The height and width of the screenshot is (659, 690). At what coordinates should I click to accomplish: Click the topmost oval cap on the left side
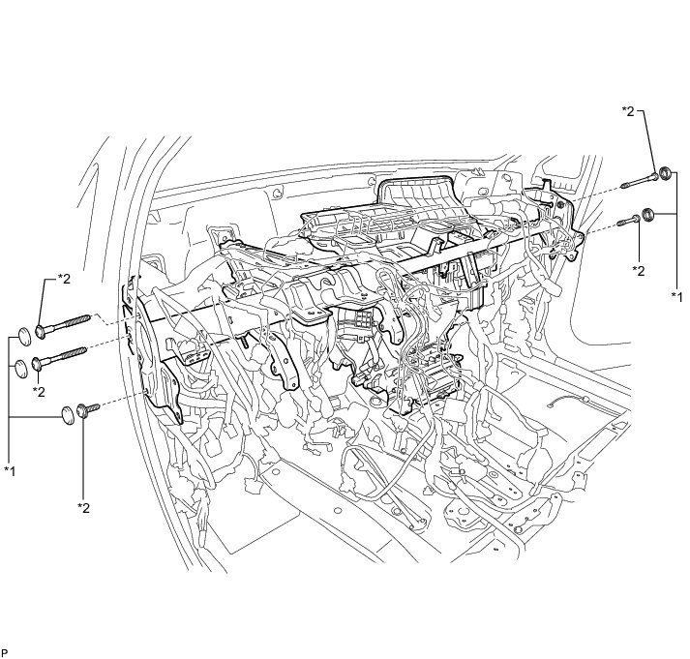[24, 337]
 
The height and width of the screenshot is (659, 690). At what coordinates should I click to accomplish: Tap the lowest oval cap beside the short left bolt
[68, 415]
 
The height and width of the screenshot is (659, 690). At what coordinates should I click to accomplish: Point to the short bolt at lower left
[88, 409]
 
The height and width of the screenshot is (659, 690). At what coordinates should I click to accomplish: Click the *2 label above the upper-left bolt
[63, 279]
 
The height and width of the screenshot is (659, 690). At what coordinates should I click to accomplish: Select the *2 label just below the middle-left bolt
[39, 392]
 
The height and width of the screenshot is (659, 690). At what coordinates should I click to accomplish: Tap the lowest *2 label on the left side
[83, 508]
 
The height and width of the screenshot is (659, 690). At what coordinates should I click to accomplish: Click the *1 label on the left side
[10, 470]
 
